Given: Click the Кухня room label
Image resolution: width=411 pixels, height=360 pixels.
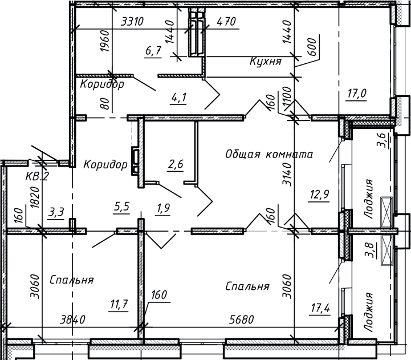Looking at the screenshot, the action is [x=266, y=62].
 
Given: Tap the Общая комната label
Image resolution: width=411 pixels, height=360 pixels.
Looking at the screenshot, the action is [x=269, y=154].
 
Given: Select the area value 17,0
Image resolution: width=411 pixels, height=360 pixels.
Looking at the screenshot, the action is [x=357, y=94].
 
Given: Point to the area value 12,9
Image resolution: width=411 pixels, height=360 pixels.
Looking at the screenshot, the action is [x=320, y=195].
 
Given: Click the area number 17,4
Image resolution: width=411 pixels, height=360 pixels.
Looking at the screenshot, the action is [x=320, y=308].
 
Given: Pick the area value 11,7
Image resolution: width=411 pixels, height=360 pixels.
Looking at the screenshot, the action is [x=119, y=305].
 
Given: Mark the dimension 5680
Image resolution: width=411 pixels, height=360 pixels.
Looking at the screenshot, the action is [x=241, y=319].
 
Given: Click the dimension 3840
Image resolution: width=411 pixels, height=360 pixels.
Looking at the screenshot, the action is [x=72, y=320].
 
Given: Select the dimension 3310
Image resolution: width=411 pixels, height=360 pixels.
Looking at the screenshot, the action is [x=132, y=22].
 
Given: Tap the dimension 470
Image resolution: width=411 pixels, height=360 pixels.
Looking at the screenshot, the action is [x=226, y=22].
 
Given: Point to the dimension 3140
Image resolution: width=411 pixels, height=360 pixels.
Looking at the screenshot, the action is [x=287, y=174].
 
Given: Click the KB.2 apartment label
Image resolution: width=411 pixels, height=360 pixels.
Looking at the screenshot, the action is [x=37, y=176].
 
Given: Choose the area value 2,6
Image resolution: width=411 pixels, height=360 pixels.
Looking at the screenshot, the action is [x=176, y=164].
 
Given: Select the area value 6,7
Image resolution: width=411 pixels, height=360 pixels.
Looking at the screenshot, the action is [x=153, y=51].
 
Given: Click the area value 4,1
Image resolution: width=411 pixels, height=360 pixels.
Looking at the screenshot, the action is [x=178, y=98].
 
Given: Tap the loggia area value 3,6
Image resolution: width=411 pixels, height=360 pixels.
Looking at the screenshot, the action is [x=381, y=141].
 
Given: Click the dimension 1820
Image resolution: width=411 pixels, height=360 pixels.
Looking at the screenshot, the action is [x=35, y=197].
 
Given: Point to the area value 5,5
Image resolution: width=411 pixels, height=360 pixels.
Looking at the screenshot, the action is [x=121, y=207].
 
